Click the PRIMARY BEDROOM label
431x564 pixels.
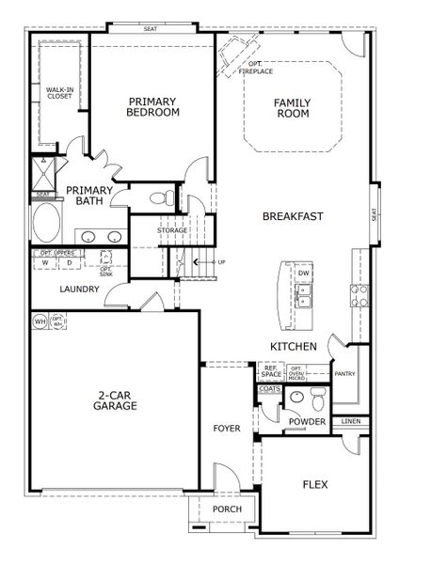[152, 107]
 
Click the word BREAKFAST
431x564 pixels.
[293, 216]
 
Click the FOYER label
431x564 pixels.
[227, 429]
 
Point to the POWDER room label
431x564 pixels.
[307, 422]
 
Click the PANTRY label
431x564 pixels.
[345, 373]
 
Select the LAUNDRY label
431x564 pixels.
[80, 290]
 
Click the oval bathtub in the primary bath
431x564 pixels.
[45, 225]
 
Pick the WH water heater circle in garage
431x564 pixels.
[40, 321]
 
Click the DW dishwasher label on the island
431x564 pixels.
[303, 274]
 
